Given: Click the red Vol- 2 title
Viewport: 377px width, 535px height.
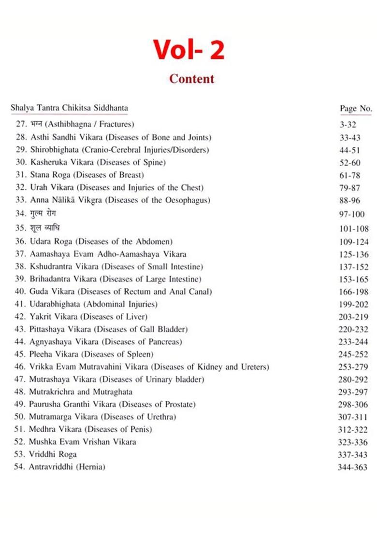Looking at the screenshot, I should tap(189, 49).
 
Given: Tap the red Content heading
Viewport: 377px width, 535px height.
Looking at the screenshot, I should tap(191, 79).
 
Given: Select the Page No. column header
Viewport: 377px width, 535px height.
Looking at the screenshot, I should tap(356, 108).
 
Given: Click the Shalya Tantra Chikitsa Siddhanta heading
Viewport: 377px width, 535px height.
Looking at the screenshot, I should tap(69, 108).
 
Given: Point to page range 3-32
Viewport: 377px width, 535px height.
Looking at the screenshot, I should tap(348, 125).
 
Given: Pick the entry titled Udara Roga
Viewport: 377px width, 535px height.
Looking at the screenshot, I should tap(94, 241).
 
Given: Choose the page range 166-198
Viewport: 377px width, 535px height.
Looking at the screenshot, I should tap(353, 292).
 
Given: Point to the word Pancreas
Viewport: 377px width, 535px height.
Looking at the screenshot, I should tap(164, 342).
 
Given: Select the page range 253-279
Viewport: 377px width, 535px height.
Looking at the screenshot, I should tap(353, 367).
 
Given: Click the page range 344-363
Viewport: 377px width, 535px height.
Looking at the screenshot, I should tap(353, 467).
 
